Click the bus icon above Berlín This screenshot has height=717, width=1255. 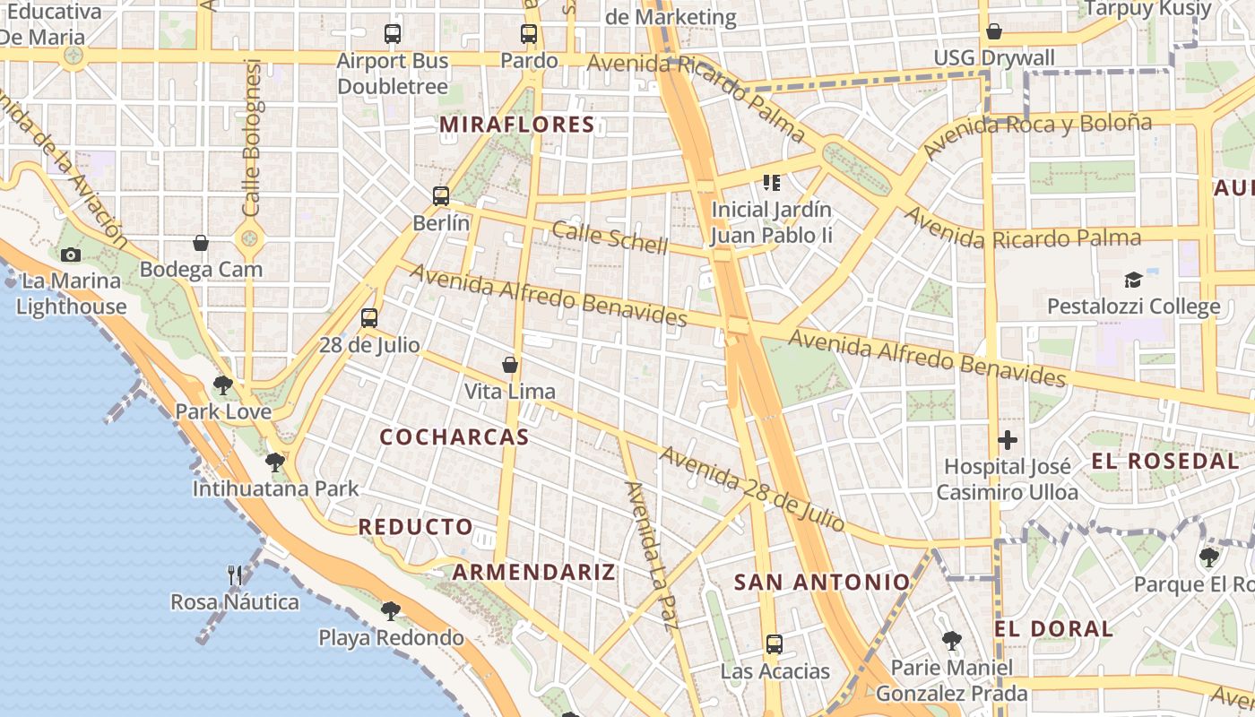click(x=440, y=195)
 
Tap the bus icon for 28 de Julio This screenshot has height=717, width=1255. click(x=369, y=317)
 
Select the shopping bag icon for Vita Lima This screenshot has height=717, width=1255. click(x=510, y=365)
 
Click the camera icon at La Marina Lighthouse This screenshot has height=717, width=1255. click(x=71, y=255)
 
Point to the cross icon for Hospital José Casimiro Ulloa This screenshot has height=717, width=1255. click(x=1008, y=440)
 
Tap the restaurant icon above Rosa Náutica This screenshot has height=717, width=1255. click(x=235, y=574)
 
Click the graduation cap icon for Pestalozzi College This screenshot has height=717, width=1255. click(x=1134, y=280)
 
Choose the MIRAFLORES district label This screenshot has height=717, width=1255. click(x=517, y=125)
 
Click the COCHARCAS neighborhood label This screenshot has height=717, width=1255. click(x=454, y=437)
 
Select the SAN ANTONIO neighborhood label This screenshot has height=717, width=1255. click(x=822, y=583)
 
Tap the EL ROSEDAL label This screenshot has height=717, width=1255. click(x=1164, y=462)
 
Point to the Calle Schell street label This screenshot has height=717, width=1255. click(x=610, y=237)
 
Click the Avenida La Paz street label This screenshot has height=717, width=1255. click(x=648, y=556)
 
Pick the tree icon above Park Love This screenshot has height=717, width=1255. click(x=223, y=385)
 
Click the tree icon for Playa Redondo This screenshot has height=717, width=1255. click(x=390, y=611)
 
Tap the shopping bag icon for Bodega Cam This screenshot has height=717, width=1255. click(x=201, y=243)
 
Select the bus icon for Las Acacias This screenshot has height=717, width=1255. click(x=775, y=644)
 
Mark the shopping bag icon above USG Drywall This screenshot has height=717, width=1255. click(x=993, y=32)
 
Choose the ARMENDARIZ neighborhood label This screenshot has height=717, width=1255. click(x=533, y=572)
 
